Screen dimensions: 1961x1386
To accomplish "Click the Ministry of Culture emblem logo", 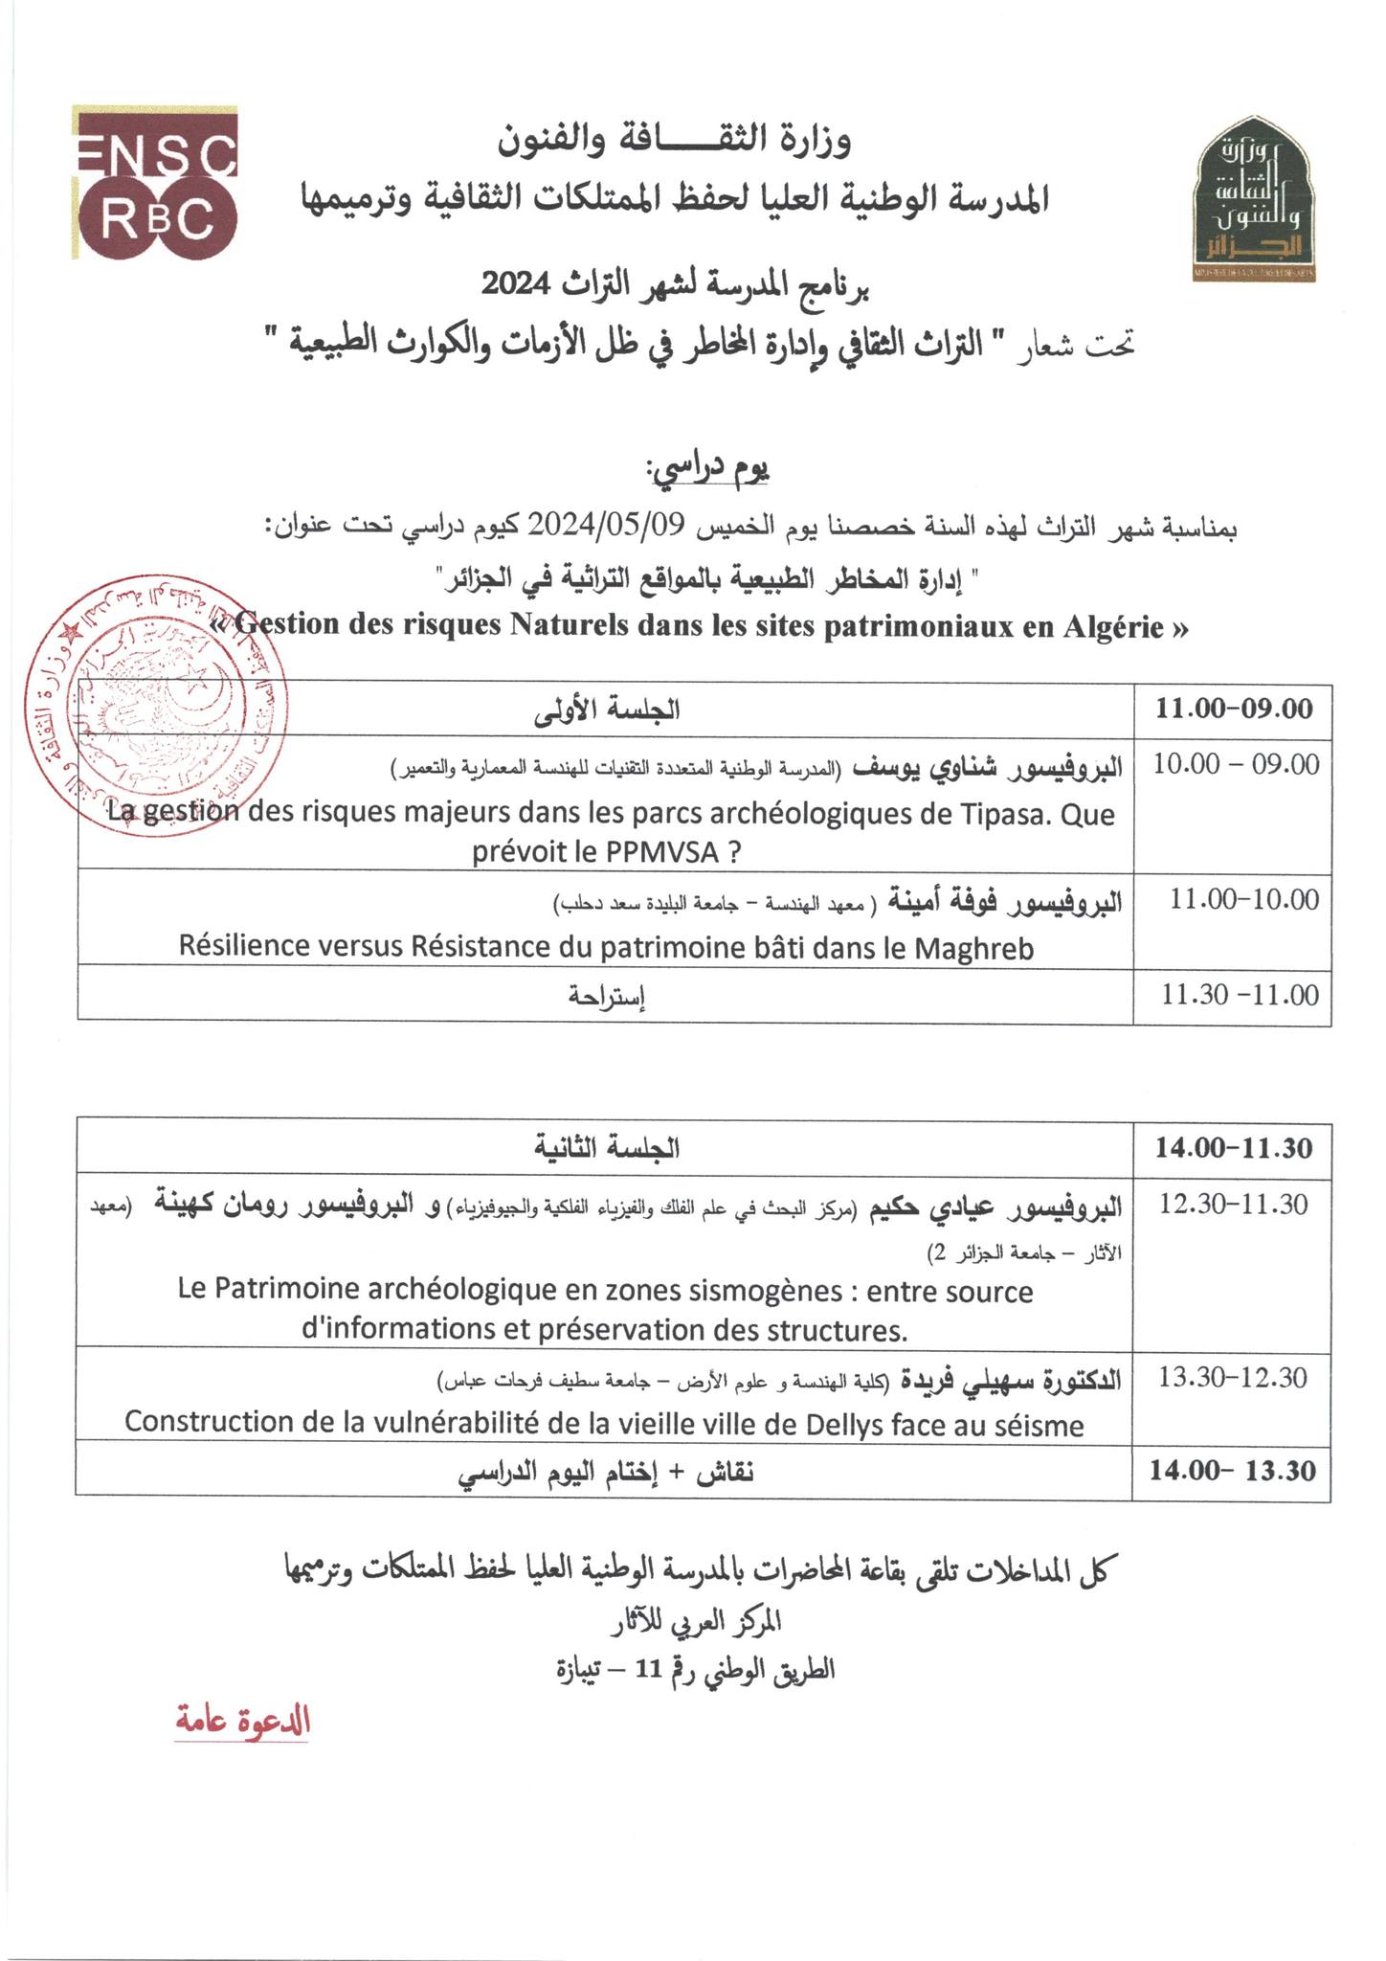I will pyautogui.click(x=1257, y=200).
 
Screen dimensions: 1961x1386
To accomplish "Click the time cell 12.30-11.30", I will pyautogui.click(x=1234, y=1204).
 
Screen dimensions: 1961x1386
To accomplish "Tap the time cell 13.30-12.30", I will pyautogui.click(x=1233, y=1378).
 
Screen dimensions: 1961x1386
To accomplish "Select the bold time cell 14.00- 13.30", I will pyautogui.click(x=1233, y=1471).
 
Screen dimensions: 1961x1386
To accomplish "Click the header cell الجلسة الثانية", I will pyautogui.click(x=607, y=1147).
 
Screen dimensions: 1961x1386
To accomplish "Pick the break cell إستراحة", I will pyautogui.click(x=607, y=996).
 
